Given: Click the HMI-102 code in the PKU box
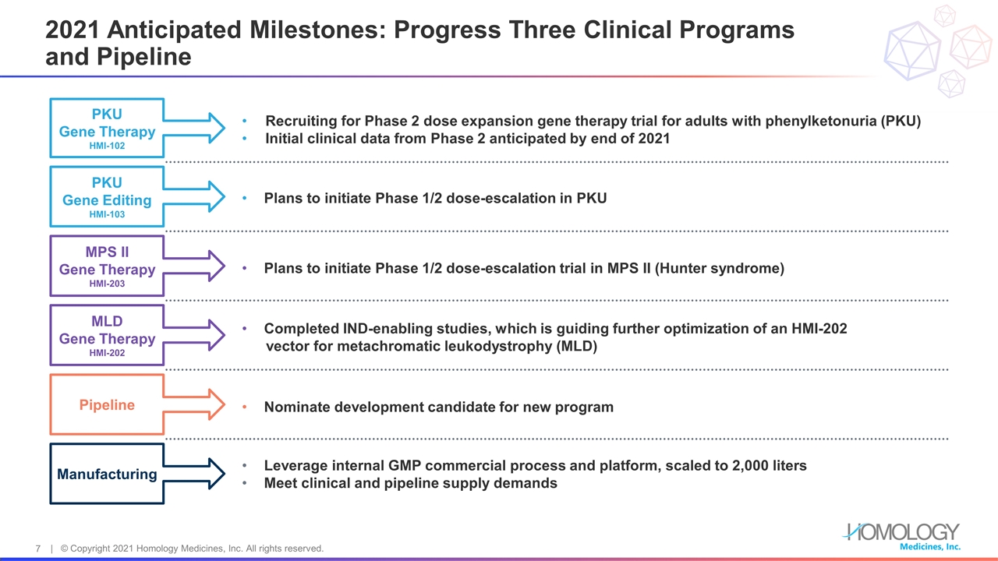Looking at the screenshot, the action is pos(107,146).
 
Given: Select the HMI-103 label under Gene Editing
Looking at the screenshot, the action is pos(107,214).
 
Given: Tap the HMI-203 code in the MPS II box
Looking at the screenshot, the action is pos(107,284).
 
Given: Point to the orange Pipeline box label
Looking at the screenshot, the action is pos(107,404).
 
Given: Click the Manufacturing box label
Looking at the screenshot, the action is pos(107,475).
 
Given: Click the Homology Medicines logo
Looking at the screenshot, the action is pos(902,537).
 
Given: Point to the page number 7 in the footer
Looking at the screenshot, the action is pos(38,549).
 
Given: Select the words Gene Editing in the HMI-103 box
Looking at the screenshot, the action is pos(107,200).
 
